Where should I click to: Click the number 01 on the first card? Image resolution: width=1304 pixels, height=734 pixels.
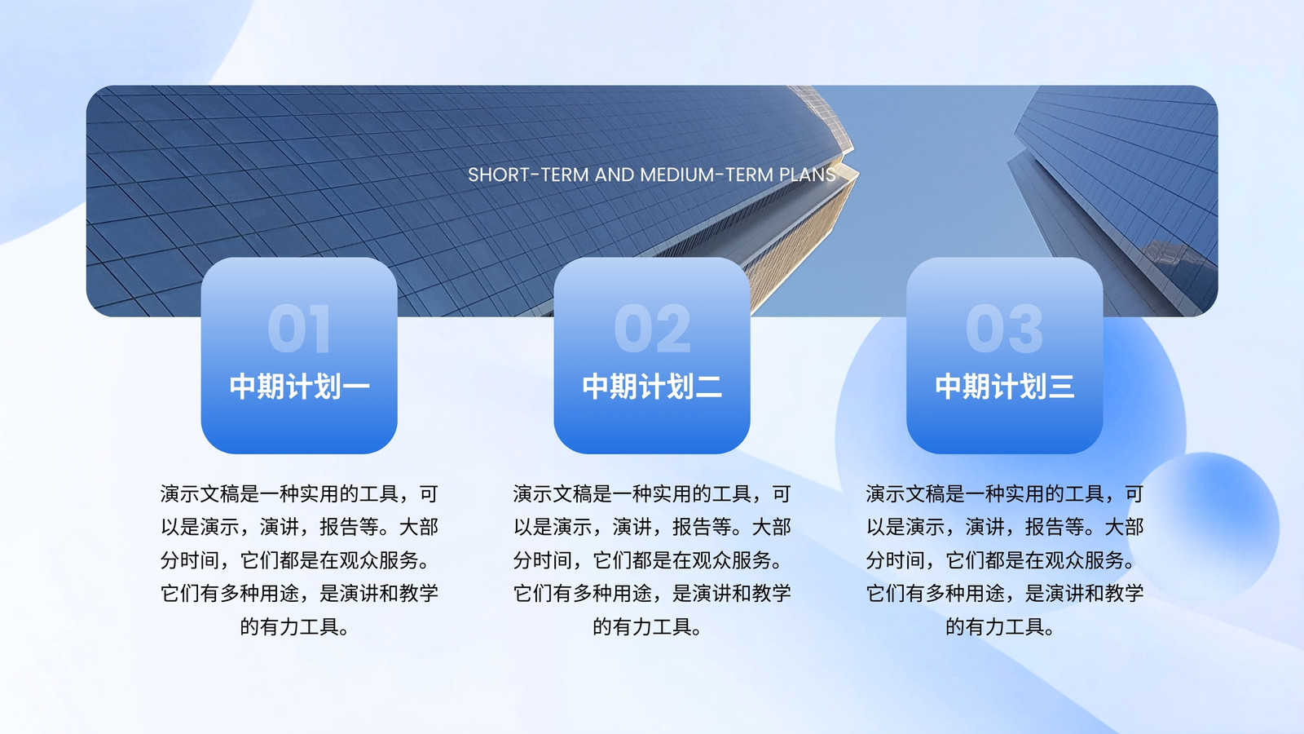click(299, 329)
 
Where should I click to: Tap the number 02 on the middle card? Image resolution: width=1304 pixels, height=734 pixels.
click(652, 329)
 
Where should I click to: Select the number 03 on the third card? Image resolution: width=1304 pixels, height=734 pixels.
click(1004, 329)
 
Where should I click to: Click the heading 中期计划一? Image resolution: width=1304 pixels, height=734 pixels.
click(299, 387)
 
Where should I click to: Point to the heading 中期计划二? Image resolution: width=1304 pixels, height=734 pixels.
click(652, 387)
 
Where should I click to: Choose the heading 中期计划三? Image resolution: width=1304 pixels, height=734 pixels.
click(1004, 387)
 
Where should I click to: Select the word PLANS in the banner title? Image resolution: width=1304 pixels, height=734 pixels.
click(808, 175)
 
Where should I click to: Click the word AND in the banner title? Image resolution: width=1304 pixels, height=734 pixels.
click(615, 175)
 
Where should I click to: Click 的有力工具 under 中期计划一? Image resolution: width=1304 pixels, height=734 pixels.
click(289, 627)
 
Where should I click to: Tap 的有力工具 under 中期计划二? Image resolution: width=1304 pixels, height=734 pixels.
click(642, 627)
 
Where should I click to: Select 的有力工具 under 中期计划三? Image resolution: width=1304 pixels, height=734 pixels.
click(995, 627)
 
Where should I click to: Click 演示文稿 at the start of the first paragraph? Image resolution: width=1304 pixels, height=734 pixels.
click(200, 494)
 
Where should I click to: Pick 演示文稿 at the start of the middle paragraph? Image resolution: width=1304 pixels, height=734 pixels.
click(553, 494)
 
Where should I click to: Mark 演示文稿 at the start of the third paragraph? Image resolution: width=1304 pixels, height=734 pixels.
click(905, 494)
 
